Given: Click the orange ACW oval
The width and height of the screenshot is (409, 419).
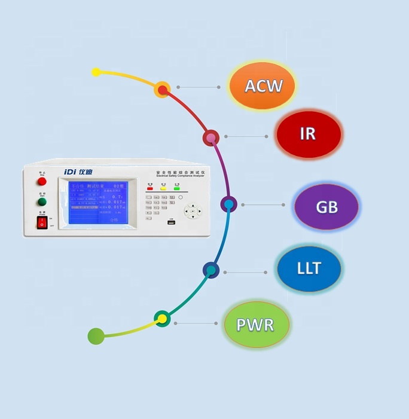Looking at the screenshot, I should pyautogui.click(x=263, y=85).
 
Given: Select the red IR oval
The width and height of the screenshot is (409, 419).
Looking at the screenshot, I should pyautogui.click(x=308, y=134).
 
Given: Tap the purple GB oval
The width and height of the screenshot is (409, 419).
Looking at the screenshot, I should pyautogui.click(x=326, y=207).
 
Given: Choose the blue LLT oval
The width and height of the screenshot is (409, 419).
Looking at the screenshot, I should pyautogui.click(x=309, y=268).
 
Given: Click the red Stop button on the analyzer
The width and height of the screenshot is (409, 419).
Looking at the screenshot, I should pyautogui.click(x=42, y=181).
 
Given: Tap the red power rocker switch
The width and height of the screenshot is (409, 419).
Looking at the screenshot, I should pyautogui.click(x=42, y=223).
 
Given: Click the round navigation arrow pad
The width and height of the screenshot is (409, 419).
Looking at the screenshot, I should pyautogui.click(x=193, y=211).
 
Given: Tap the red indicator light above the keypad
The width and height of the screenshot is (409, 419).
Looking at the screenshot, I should pyautogui.click(x=149, y=188).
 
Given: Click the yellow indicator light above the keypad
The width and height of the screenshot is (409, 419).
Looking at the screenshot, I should pyautogui.click(x=163, y=188).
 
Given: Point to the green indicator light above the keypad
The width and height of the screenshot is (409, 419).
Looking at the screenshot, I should pyautogui.click(x=176, y=188).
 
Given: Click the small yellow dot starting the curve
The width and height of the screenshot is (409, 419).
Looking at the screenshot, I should pyautogui.click(x=96, y=72).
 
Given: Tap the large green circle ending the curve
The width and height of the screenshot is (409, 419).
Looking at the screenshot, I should pyautogui.click(x=96, y=337).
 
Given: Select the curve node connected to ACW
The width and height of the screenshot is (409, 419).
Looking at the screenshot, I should pyautogui.click(x=162, y=90).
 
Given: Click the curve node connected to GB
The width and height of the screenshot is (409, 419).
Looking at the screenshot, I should pyautogui.click(x=228, y=204).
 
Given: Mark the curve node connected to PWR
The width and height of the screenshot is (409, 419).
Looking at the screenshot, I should pyautogui.click(x=161, y=319).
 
